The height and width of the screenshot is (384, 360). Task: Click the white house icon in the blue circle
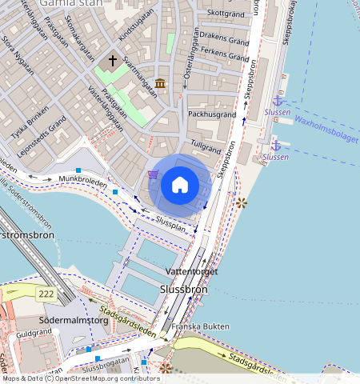(x=180, y=186)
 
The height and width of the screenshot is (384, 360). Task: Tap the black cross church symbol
(x=113, y=60)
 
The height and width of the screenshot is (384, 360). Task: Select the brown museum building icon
(x=161, y=83)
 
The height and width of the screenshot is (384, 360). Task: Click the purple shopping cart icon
(x=153, y=175)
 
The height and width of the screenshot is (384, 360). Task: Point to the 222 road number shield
(x=46, y=294)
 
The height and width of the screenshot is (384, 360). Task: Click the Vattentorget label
(x=191, y=272)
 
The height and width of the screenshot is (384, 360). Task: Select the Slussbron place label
(x=184, y=290)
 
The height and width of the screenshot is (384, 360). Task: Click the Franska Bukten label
(x=184, y=326)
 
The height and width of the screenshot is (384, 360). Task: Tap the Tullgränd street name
(x=206, y=149)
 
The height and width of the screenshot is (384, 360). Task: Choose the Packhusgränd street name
(x=212, y=114)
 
